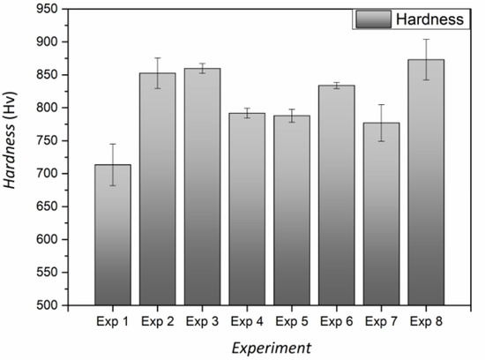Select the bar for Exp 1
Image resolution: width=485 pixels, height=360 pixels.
[x=112, y=234]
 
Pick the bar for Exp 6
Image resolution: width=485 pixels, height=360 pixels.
[x=337, y=195]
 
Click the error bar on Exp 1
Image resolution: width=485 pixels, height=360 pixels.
[x=112, y=164]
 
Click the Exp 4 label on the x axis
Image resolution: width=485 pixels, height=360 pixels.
[x=247, y=320]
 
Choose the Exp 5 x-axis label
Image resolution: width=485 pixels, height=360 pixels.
[x=292, y=320]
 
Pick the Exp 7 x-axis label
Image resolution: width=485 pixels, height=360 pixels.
[x=382, y=320]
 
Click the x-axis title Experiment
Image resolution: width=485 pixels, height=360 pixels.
[x=270, y=348]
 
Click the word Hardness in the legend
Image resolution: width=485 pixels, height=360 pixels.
[x=429, y=19]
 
